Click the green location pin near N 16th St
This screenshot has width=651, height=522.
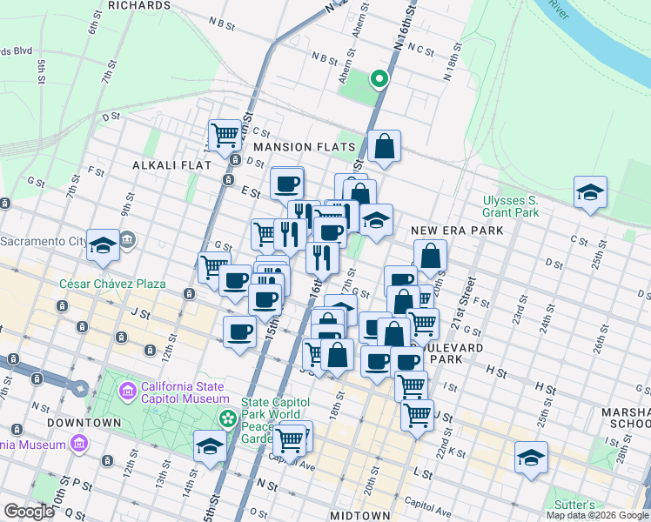(x=379, y=80)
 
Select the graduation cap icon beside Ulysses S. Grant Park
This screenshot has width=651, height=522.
(x=590, y=193)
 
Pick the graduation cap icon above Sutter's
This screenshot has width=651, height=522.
(x=531, y=457)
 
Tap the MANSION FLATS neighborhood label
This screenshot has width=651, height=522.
(x=304, y=147)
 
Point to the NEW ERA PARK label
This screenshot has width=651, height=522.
(x=458, y=231)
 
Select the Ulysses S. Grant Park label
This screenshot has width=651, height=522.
(x=511, y=205)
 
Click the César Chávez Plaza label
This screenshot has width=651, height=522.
(x=100, y=284)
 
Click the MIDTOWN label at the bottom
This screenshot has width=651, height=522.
(x=360, y=516)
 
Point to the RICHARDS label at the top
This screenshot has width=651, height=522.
(x=139, y=5)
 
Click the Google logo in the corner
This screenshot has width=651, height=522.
(x=29, y=512)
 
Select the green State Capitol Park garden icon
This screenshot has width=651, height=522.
(x=228, y=419)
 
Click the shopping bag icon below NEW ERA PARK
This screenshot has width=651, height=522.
(x=430, y=257)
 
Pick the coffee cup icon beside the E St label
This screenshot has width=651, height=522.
(x=286, y=184)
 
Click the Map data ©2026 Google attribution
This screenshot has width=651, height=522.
(x=596, y=515)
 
